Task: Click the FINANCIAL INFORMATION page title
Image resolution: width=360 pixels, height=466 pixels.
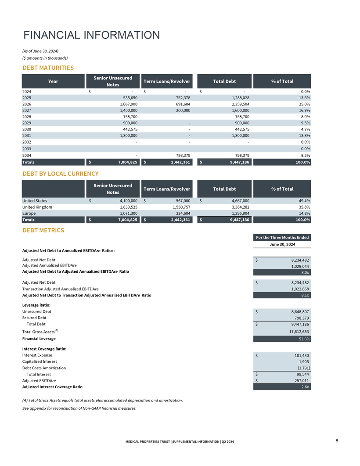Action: (x=91, y=35)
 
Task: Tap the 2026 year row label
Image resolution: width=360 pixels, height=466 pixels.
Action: (x=27, y=105)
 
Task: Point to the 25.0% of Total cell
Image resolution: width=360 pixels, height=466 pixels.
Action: (x=304, y=105)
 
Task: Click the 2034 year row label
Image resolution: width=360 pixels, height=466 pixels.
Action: (x=27, y=155)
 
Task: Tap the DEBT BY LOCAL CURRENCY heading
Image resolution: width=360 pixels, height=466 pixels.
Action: (x=60, y=174)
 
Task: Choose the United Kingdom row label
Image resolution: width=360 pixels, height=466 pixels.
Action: (x=37, y=207)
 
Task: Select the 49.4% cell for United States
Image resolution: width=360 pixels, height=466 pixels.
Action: (x=304, y=201)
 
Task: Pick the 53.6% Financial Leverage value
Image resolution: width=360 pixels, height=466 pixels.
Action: (x=304, y=339)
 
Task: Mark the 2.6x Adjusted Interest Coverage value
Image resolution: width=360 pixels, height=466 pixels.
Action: (x=306, y=387)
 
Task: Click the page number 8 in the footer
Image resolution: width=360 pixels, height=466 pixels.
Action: (x=336, y=441)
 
